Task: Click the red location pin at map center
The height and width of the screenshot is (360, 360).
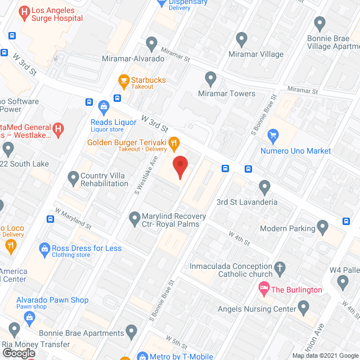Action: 179,167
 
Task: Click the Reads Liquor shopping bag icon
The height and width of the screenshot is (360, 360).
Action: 103,106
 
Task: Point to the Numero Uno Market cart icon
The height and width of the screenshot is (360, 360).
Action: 273,135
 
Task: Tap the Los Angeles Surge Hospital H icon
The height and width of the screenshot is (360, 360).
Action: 25,12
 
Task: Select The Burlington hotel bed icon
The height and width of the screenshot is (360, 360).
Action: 263,289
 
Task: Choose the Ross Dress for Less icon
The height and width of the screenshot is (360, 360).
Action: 44,248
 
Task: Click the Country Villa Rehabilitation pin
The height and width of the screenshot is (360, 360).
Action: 73,178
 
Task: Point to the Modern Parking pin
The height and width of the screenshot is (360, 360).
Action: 322,227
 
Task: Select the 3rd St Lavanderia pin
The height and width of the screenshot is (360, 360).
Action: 265,186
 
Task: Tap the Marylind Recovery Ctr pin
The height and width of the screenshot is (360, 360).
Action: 134,217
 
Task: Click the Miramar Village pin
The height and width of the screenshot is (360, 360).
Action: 242,39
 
